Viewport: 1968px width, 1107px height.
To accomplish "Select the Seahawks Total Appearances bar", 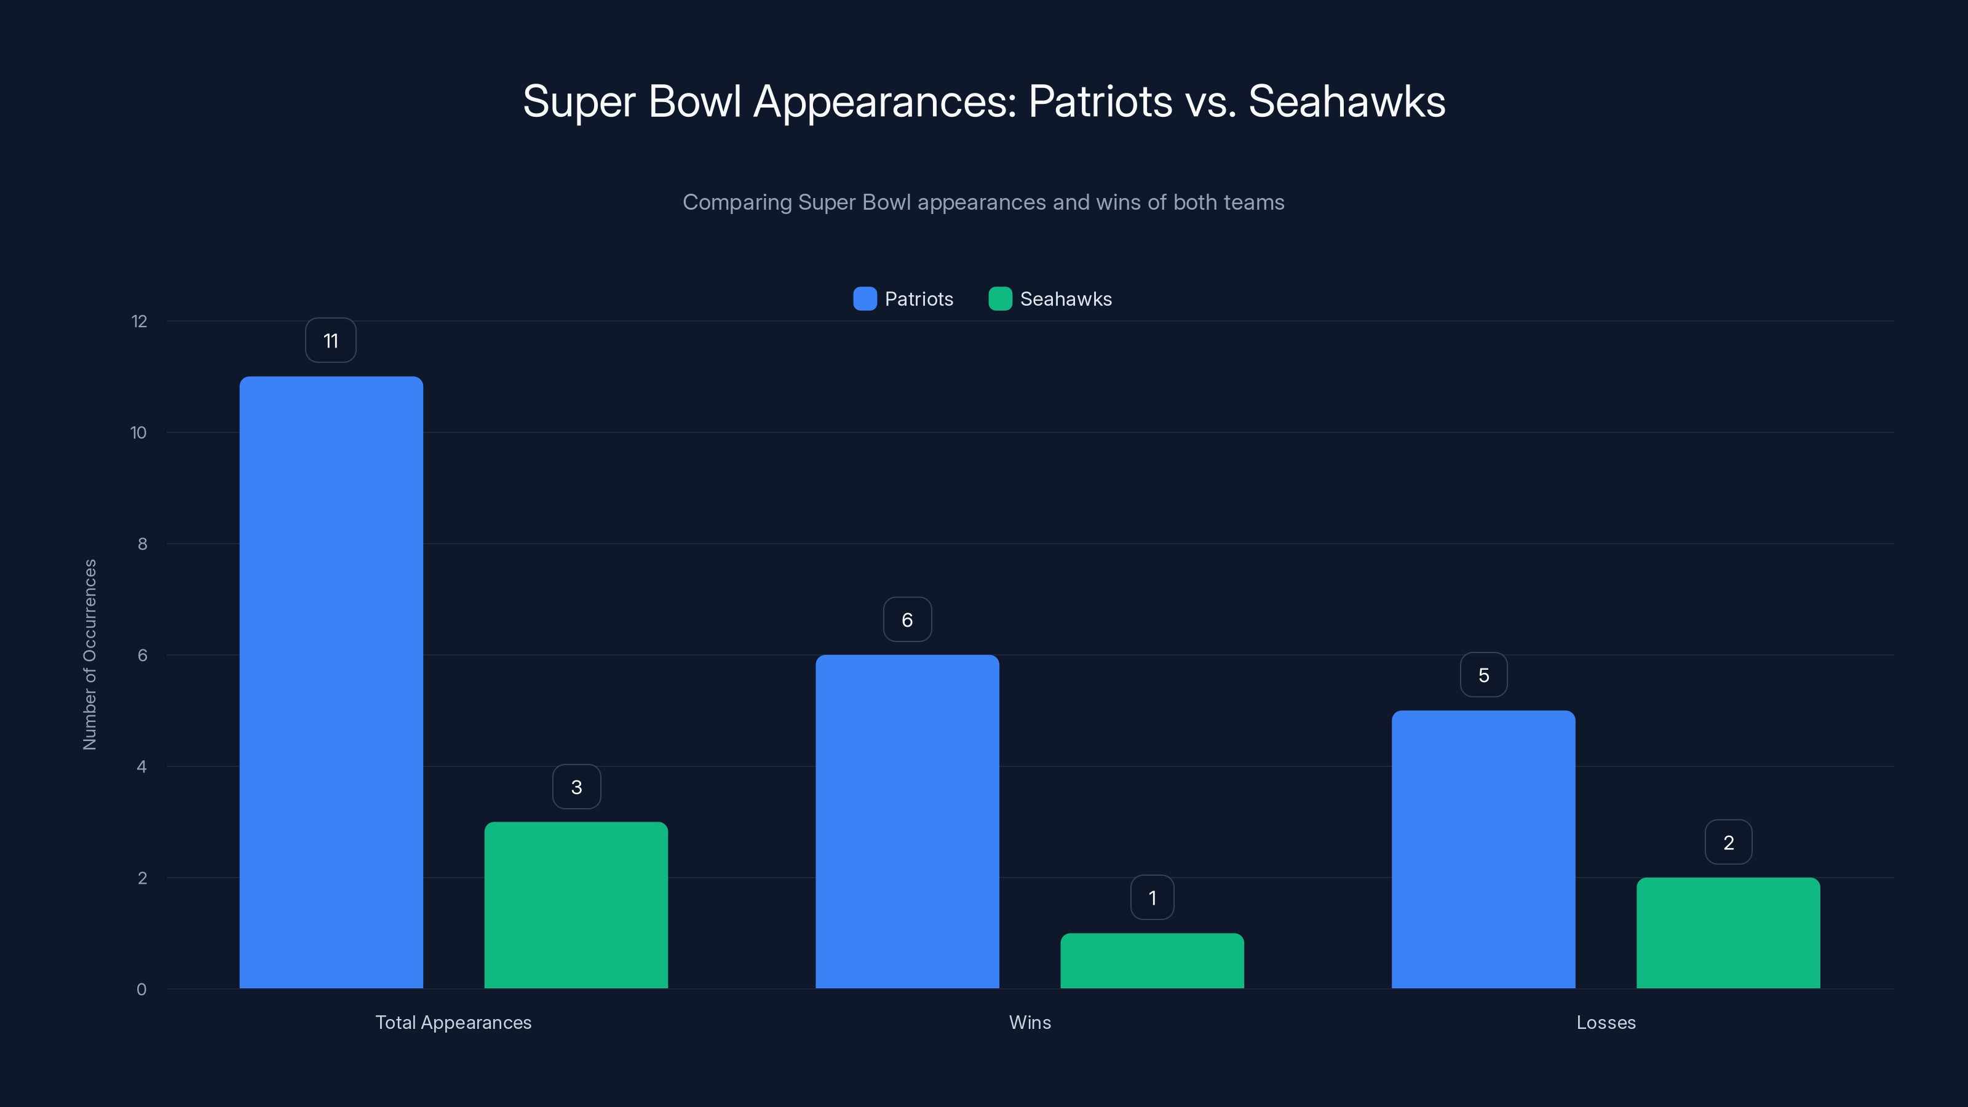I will (576, 905).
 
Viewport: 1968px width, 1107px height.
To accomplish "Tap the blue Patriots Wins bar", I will (907, 821).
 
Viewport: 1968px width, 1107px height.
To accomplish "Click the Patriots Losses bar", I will (1483, 849).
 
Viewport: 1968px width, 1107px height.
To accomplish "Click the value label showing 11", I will (331, 341).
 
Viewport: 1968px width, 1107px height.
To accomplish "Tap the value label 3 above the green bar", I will (577, 787).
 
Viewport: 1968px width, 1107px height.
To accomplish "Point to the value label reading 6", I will (907, 619).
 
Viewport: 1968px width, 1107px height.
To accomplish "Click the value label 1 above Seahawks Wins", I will (1152, 898).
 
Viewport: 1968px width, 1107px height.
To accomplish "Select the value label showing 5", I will (1483, 675).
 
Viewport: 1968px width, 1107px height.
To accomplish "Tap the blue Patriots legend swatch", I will (865, 299).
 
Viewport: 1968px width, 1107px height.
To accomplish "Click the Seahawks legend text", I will (1066, 299).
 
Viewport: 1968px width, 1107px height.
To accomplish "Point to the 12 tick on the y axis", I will (139, 321).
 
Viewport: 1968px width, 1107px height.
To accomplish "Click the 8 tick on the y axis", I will (142, 544).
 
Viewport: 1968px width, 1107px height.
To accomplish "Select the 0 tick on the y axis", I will (141, 990).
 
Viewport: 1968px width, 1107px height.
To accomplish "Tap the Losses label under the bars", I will (1606, 1022).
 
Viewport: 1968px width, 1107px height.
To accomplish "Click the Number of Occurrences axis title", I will (89, 655).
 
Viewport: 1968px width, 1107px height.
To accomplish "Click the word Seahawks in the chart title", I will (1346, 101).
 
